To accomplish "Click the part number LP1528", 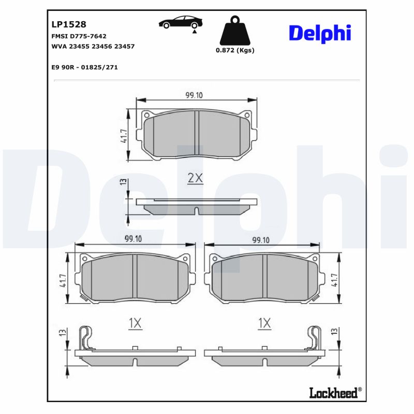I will pos(69,24).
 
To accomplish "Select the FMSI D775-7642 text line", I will pos(79,36).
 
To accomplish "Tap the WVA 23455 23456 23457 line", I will pos(93,46).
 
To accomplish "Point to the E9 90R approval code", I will pos(85,67).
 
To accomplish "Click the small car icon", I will pos(181,23).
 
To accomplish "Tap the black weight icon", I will pos(234,32).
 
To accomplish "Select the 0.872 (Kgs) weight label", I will pos(235,51).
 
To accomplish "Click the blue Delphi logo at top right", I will pos(319,34).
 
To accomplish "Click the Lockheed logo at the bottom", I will pos(334,393).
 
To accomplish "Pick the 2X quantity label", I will pos(195,179).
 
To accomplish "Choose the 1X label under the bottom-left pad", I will pos(135,323).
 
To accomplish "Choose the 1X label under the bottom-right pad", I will pos(264,323).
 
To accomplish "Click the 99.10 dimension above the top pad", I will pos(194,95).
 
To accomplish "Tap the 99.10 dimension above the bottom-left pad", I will pos(134,239).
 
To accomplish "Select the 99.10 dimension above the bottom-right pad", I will pos(260,240).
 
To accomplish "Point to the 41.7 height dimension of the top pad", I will pos(124,136).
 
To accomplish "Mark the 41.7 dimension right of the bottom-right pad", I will pos(335,280).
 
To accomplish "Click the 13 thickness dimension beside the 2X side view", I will pos(123,181).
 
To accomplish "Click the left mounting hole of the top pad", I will pos(146,115).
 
